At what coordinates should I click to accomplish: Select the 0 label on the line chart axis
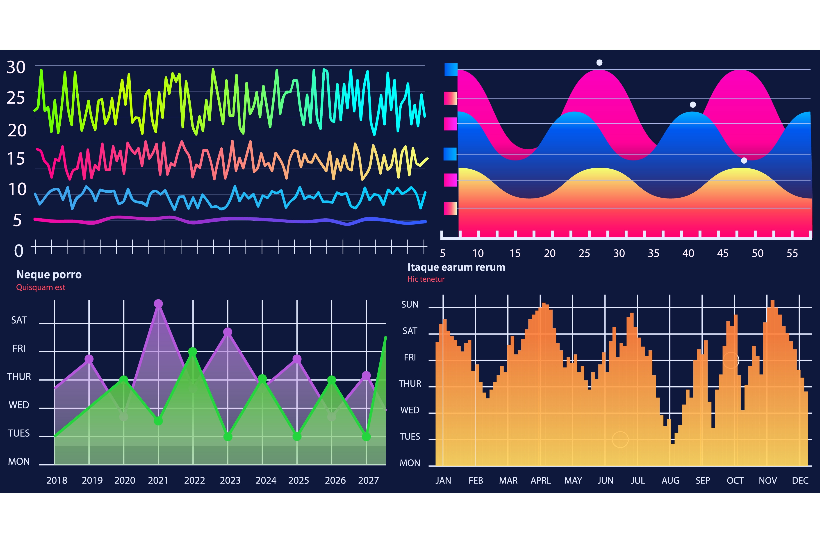click(x=19, y=251)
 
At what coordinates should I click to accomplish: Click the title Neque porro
click(x=49, y=275)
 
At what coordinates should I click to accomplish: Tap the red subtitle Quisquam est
click(x=41, y=287)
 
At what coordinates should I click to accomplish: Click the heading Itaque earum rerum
click(x=456, y=267)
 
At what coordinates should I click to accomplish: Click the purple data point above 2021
click(x=158, y=304)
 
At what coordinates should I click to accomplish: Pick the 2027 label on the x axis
click(x=368, y=480)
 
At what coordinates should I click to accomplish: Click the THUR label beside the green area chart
click(x=19, y=377)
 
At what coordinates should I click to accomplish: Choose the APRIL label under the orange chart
click(x=541, y=480)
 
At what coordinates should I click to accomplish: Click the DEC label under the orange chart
click(x=800, y=480)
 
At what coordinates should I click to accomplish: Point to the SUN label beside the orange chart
click(x=410, y=304)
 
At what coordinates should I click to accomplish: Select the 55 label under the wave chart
click(x=792, y=253)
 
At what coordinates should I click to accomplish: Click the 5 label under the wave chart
click(x=442, y=253)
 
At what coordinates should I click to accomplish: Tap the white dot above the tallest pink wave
click(x=599, y=62)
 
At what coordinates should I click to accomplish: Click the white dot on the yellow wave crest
click(x=744, y=160)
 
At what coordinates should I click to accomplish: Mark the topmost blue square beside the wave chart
click(x=451, y=69)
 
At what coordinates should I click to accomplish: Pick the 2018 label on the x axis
click(x=57, y=480)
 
